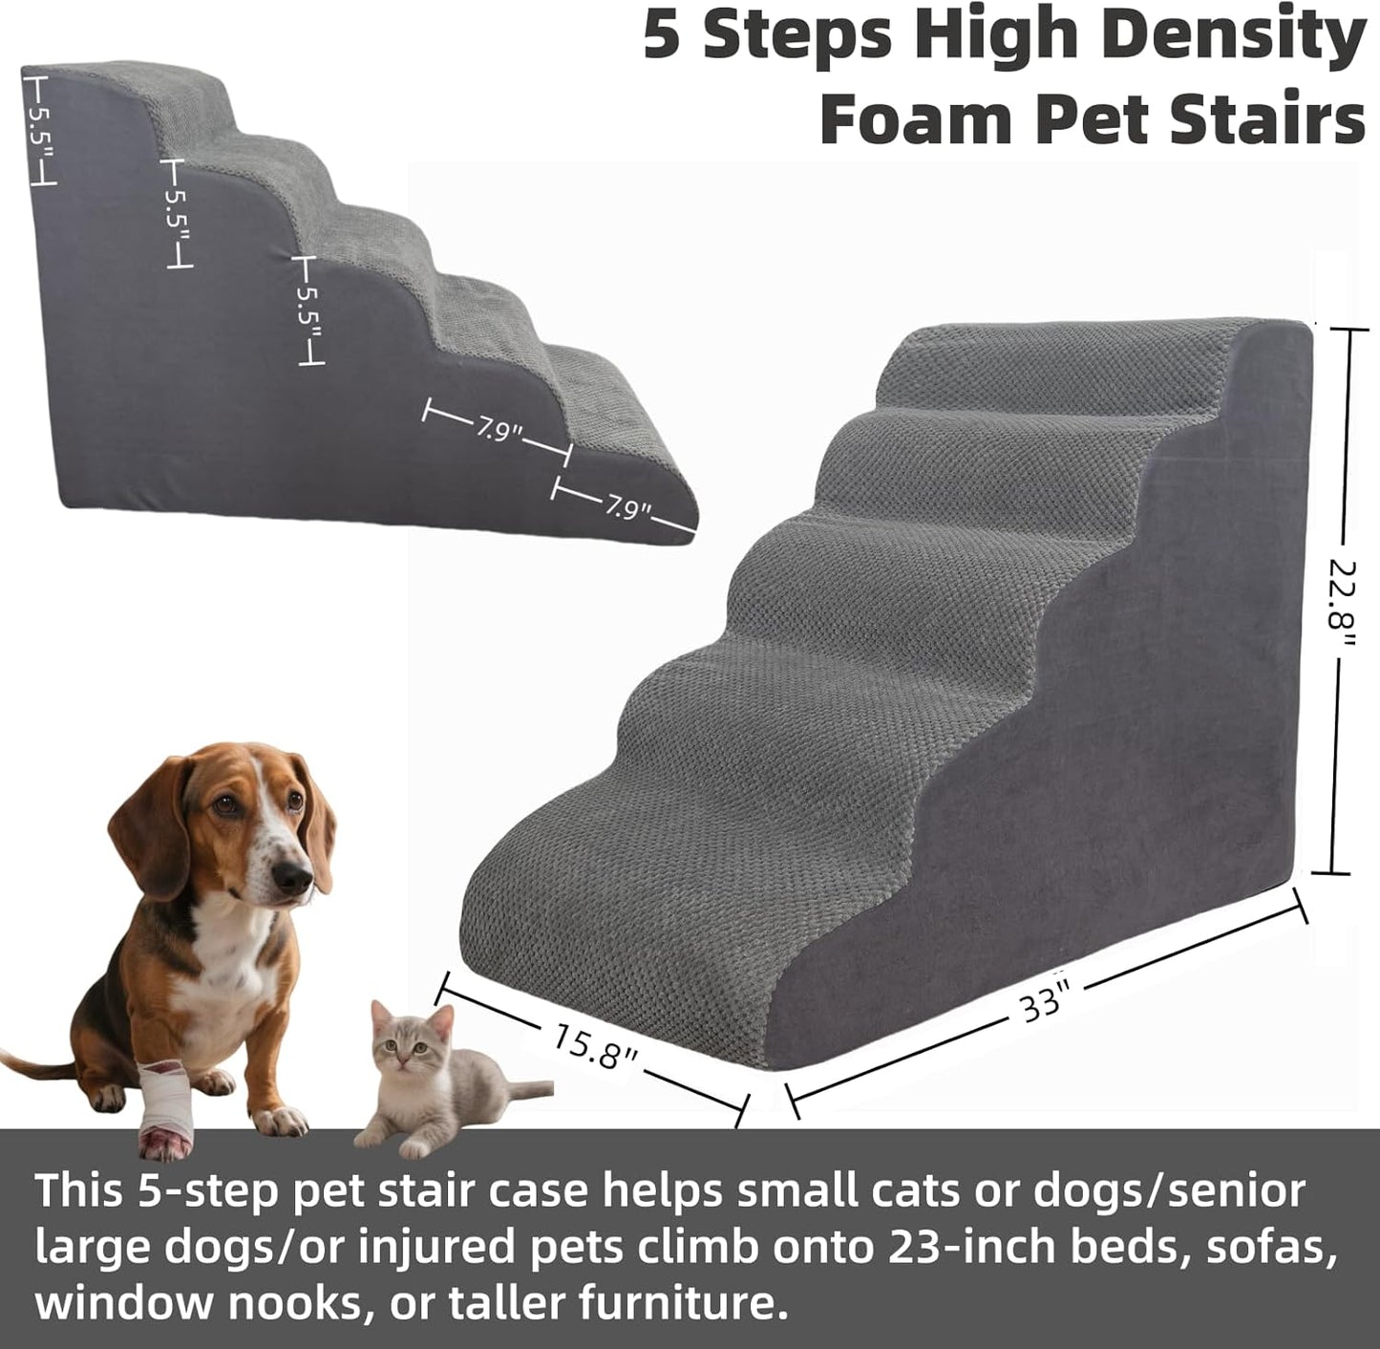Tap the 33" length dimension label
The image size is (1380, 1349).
click(x=1041, y=1004)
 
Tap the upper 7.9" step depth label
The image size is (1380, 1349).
click(x=496, y=430)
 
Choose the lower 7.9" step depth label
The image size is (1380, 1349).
click(x=626, y=507)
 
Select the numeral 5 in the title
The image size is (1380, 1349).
click(x=665, y=35)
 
